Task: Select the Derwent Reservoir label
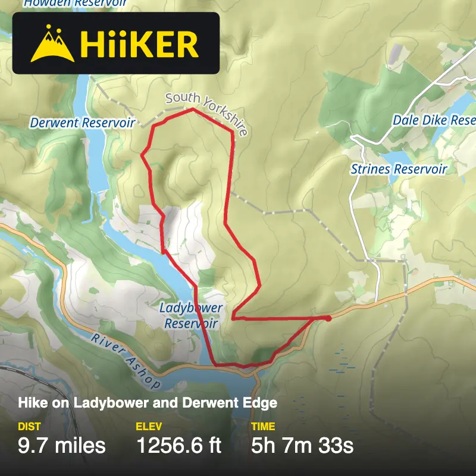[x=83, y=123]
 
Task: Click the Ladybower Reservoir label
[x=191, y=316]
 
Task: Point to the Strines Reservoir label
[x=399, y=169]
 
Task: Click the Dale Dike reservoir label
[x=434, y=120]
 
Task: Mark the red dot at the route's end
[x=328, y=318]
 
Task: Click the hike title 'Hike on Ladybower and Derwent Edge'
[x=148, y=403]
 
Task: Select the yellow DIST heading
[x=30, y=427]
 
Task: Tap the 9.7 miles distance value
[x=62, y=446]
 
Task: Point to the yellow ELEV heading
[x=149, y=427]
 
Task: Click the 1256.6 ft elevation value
[x=179, y=446]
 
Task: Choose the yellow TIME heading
[x=264, y=427]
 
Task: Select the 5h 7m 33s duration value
[x=302, y=446]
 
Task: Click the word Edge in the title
[x=264, y=403]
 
